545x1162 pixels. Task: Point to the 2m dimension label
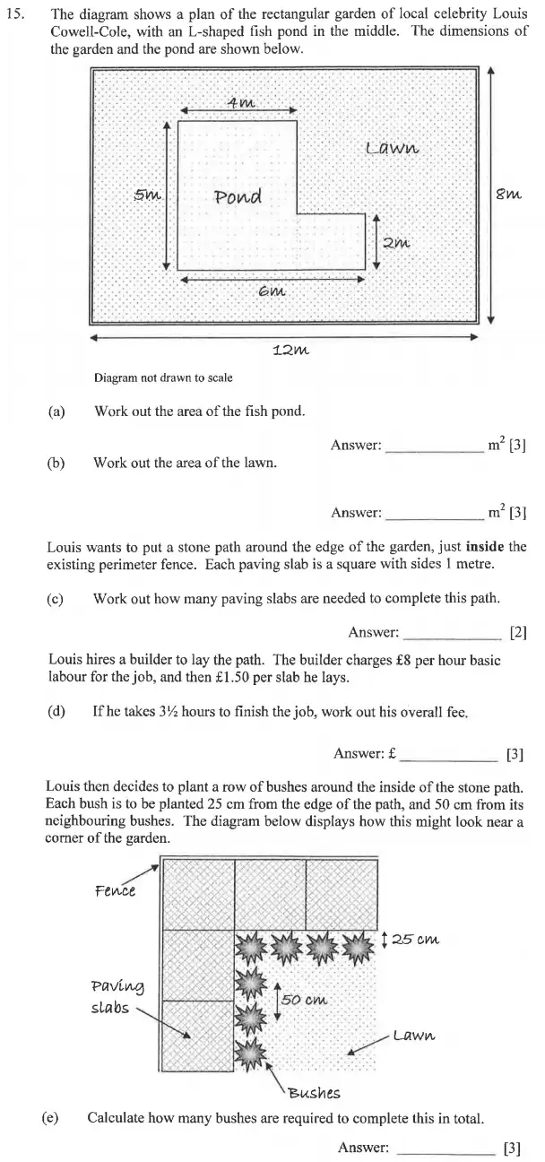(395, 242)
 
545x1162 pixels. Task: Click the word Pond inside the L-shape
(237, 196)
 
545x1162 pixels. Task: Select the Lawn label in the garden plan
(392, 147)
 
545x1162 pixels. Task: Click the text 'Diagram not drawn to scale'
(163, 378)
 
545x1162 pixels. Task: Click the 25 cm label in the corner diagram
(415, 940)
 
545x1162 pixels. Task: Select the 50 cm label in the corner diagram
(305, 1000)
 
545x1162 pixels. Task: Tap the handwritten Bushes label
(313, 1092)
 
